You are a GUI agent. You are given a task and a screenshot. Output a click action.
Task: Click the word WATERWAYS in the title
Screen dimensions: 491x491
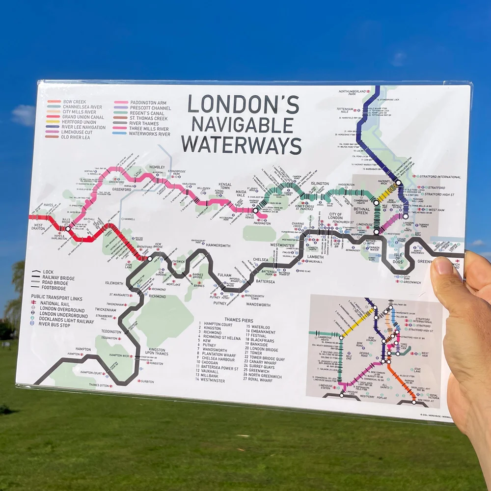click(x=242, y=145)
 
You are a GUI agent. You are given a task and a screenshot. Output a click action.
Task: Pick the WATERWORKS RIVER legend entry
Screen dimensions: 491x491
click(x=150, y=134)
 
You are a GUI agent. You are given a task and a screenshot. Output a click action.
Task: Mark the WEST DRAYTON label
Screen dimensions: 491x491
click(x=38, y=228)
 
